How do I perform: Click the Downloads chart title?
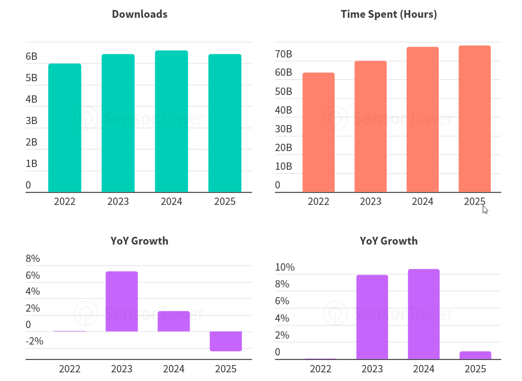click(139, 14)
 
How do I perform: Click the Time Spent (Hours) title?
click(389, 14)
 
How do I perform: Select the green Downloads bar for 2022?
click(64, 128)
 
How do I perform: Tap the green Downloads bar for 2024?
click(171, 121)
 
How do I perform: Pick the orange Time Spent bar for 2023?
click(370, 126)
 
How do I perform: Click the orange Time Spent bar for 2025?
click(475, 119)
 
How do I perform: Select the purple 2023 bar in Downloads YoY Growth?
click(121, 301)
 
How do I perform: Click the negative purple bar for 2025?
click(226, 341)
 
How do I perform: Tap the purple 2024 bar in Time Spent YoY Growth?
click(423, 314)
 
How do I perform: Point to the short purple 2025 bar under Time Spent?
click(475, 355)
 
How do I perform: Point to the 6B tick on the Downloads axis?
click(32, 57)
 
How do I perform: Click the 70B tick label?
click(283, 54)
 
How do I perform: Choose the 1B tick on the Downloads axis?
click(32, 163)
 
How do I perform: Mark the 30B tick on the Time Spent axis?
click(283, 129)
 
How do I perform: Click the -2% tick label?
click(35, 341)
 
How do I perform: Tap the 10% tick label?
click(285, 267)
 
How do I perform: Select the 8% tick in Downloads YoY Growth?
click(33, 259)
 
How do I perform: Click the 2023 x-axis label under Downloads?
click(118, 201)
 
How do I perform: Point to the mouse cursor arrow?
click(485, 209)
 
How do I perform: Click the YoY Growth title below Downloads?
click(139, 240)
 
